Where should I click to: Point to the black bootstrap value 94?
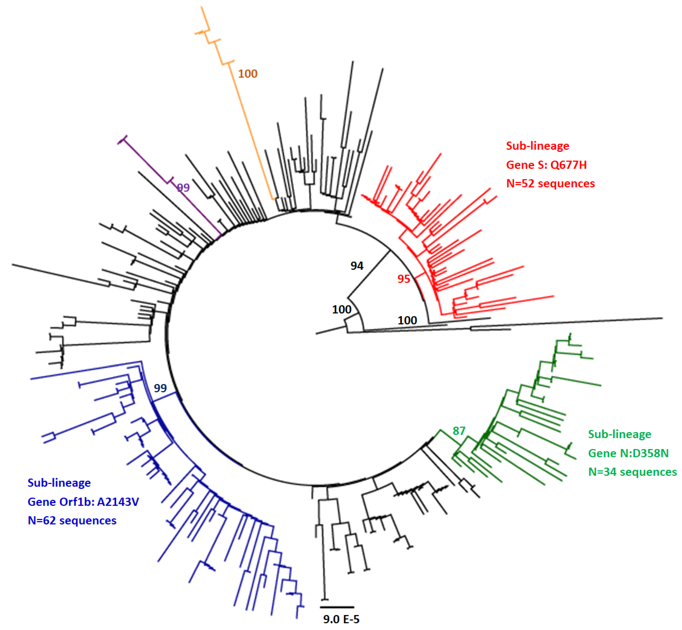357,266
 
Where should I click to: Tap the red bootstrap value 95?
404,279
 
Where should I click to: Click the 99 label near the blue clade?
160,388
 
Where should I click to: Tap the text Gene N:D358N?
628,453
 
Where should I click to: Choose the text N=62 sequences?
72,520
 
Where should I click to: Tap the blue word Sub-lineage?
59,483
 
